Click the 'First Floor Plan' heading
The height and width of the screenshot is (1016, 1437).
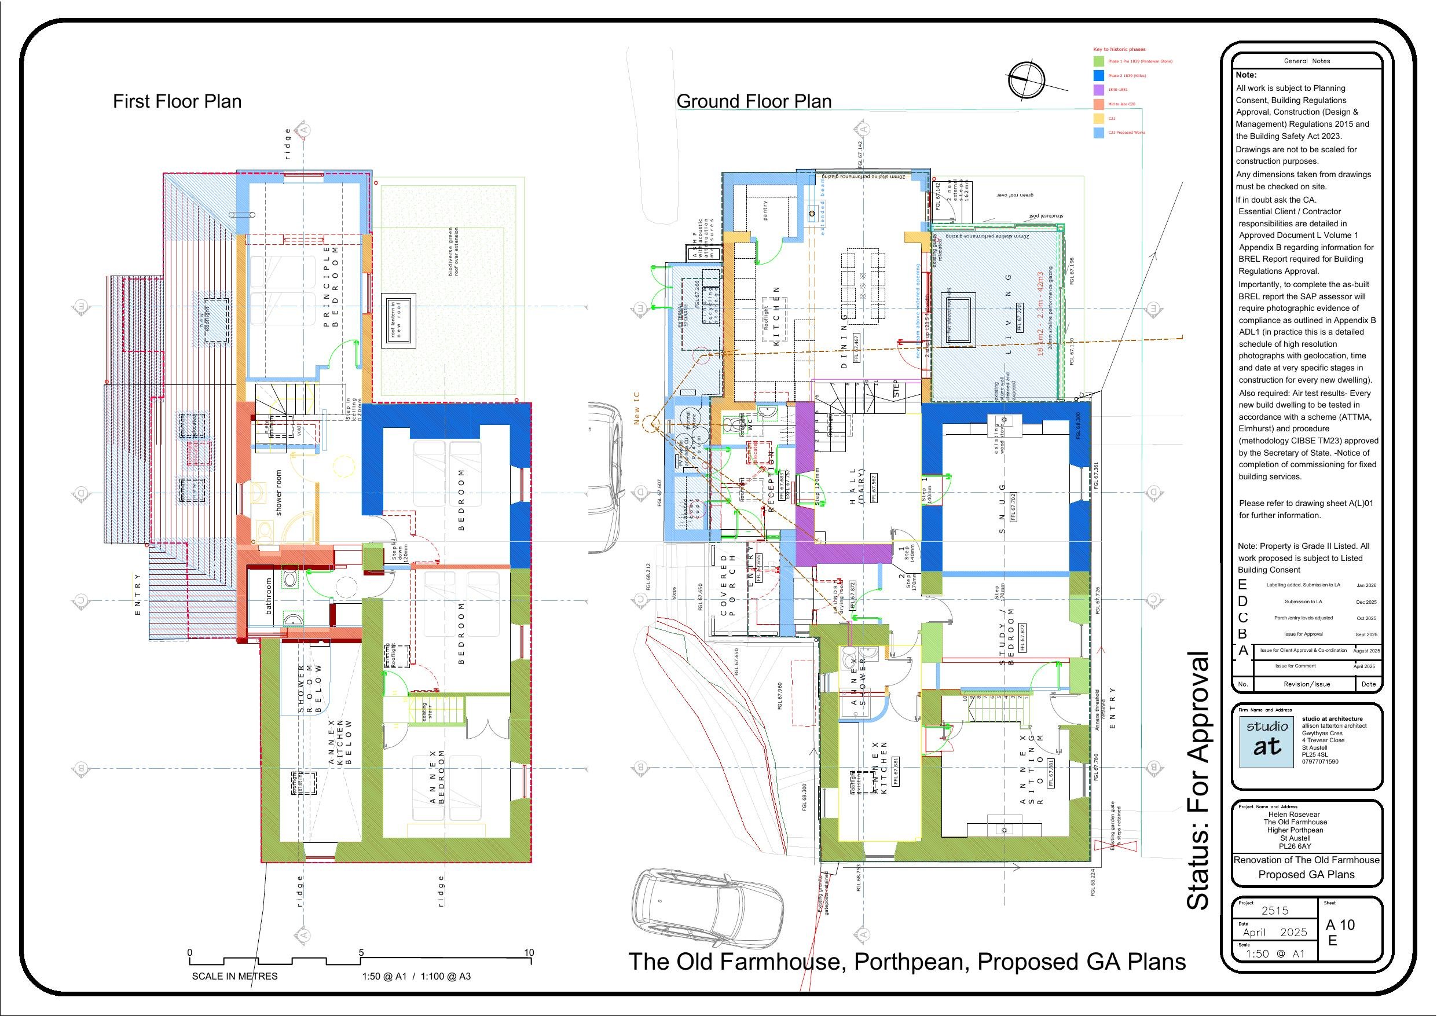coord(177,101)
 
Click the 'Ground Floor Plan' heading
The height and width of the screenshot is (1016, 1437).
coord(754,101)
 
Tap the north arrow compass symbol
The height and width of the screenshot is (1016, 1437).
coord(1027,79)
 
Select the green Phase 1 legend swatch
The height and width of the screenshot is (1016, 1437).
coord(1098,61)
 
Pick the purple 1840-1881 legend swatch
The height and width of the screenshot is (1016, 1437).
coord(1098,90)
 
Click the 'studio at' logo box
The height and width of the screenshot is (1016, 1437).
coord(1267,740)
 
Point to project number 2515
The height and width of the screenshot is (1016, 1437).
coord(1275,911)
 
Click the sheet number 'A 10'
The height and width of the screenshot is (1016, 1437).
coord(1340,925)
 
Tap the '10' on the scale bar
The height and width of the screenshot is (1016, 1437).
coord(529,953)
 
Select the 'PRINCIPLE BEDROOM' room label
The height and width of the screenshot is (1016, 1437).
coord(331,285)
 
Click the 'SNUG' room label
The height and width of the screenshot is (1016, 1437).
coord(1002,508)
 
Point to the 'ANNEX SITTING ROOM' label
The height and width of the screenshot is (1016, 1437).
coord(1032,769)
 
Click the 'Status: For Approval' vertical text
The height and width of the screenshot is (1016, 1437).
coord(1198,780)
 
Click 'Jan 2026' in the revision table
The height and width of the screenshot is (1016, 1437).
coord(1366,586)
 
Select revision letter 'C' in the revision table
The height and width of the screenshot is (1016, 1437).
coord(1242,618)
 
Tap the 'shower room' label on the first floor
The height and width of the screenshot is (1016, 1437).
coord(278,493)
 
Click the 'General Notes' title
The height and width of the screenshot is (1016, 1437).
coord(1307,61)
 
